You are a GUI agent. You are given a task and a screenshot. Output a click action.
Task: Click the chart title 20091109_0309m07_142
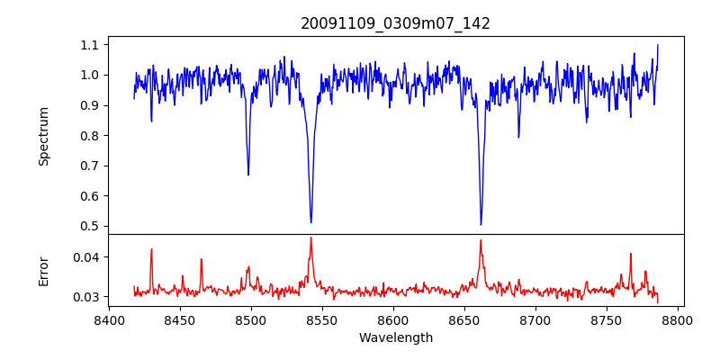tap(395, 23)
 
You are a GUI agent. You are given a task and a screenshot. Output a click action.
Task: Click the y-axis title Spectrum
tap(43, 136)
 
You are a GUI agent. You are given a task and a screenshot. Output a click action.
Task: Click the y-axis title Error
tap(43, 271)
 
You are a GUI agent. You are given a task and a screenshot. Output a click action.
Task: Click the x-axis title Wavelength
tap(395, 338)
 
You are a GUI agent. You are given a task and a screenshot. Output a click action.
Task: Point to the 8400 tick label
tap(109, 319)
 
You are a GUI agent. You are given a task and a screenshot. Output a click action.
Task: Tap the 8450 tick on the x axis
tap(180, 319)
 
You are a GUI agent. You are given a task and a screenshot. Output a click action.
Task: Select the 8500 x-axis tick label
tap(251, 319)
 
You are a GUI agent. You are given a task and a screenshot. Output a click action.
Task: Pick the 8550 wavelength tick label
tap(322, 319)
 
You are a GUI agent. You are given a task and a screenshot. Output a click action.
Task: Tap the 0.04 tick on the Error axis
tap(87, 257)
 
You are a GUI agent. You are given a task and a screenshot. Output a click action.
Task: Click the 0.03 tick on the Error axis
tap(87, 296)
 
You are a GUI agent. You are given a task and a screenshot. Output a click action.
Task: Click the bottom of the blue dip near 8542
tap(310, 222)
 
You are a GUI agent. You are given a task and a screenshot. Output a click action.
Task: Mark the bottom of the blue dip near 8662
tap(481, 225)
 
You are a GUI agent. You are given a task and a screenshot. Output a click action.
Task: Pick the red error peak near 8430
tap(151, 249)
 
